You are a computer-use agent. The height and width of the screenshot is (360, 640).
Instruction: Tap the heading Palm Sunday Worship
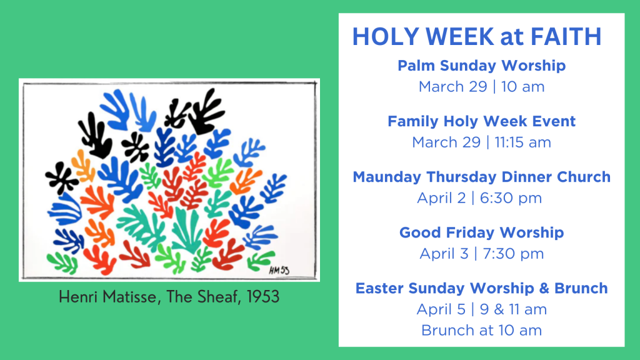pos(482,65)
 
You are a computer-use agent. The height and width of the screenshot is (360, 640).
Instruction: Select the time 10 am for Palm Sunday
pos(523,86)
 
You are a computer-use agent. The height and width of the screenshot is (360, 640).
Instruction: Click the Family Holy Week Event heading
pos(482,121)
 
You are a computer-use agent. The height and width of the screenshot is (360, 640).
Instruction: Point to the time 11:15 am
pos(523,142)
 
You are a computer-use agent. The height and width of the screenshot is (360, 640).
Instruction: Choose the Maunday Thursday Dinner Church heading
pos(482,177)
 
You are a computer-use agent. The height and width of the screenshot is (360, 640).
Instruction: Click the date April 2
pos(441,198)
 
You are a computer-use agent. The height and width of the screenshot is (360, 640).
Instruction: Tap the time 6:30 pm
pos(511,198)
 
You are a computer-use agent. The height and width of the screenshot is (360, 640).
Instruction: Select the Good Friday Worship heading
pos(482,232)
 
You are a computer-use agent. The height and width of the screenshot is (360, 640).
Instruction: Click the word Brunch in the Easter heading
pos(581,288)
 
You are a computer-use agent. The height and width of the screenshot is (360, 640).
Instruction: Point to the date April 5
pos(441,309)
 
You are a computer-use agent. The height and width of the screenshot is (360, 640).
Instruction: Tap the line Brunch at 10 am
pos(482,330)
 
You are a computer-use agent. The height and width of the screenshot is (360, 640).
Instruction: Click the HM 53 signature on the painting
pos(279,270)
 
